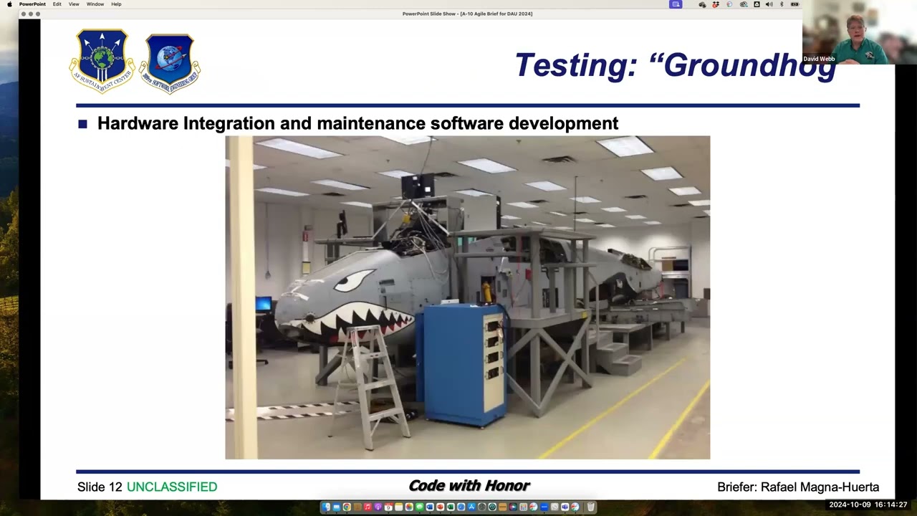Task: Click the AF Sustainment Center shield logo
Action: [102, 61]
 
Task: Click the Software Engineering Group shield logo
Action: [170, 63]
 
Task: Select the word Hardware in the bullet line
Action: [138, 123]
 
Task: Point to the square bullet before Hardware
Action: [82, 124]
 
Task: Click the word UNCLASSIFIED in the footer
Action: [172, 487]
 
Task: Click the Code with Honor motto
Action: [469, 486]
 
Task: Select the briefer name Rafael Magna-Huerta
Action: [820, 487]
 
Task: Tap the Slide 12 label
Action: [100, 487]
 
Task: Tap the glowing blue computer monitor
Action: [263, 304]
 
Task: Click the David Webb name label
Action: [819, 59]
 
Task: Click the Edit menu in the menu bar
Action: [57, 4]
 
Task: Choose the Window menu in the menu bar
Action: [95, 4]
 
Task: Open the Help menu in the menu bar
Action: [116, 4]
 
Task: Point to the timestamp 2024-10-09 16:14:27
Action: [868, 505]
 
